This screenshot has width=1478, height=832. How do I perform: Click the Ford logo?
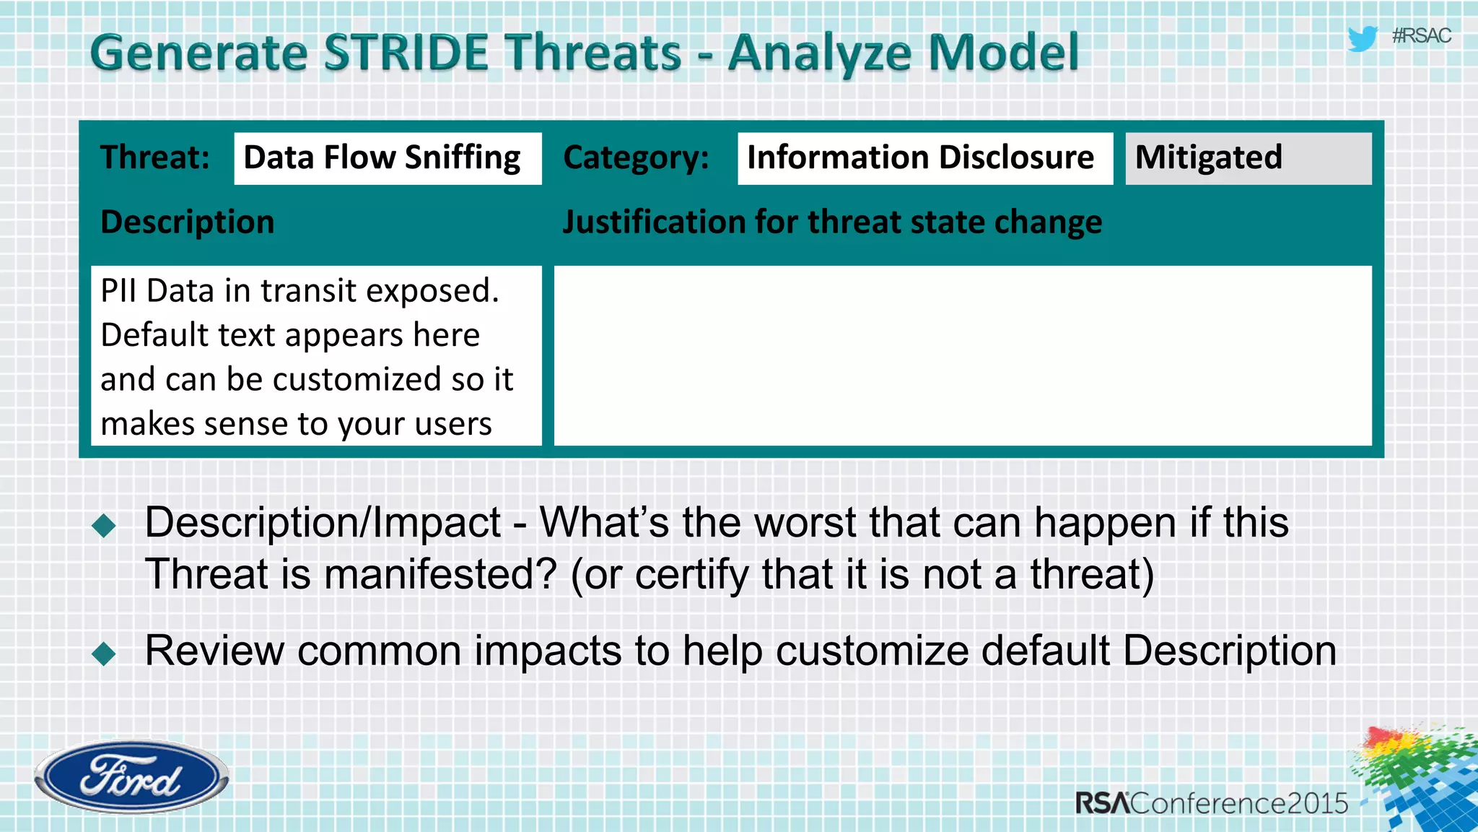131,777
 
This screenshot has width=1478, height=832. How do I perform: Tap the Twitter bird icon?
1363,38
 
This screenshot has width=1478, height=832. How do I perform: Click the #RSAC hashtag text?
1421,36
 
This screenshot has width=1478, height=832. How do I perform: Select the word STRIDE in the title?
406,53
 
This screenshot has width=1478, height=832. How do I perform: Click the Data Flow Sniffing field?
387,158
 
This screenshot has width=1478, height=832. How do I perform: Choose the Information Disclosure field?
924,158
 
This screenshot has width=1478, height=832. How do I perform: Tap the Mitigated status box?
1247,158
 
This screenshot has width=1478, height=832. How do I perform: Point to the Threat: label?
155,157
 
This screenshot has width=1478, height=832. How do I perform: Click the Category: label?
636,158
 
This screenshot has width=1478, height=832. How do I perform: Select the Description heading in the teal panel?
188,222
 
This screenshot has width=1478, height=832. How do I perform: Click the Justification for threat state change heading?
831,222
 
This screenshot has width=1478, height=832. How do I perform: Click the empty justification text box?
962,355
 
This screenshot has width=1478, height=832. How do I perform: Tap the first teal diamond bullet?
105,526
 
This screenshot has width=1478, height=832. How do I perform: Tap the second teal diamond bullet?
105,654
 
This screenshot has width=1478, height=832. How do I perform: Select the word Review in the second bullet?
214,651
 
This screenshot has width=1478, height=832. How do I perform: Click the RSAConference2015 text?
1211,803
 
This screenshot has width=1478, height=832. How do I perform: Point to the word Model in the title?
1002,53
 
